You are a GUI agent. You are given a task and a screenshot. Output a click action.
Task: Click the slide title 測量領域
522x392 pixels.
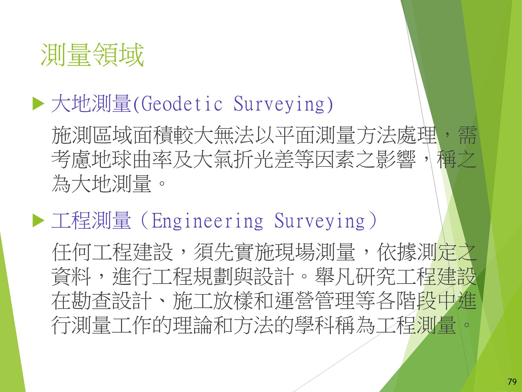click(92, 55)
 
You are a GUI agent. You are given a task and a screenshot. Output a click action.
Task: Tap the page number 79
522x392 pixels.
click(512, 382)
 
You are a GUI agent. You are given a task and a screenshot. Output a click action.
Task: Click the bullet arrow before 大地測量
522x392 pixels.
click(38, 104)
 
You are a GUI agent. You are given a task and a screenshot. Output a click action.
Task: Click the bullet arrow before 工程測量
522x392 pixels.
click(38, 220)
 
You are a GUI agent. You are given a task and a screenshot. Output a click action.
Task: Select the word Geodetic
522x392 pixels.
click(182, 104)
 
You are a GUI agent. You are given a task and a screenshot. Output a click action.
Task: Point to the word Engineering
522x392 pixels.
click(207, 220)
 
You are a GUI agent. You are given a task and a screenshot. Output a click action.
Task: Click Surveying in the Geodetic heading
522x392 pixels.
click(279, 104)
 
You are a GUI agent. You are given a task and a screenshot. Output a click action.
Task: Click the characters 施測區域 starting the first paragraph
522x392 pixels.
click(92, 135)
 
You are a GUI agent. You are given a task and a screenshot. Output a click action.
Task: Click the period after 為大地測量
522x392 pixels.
click(162, 184)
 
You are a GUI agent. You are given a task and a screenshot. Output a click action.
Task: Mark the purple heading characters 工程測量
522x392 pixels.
click(91, 220)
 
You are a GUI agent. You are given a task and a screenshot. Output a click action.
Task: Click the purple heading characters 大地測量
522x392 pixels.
click(91, 104)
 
